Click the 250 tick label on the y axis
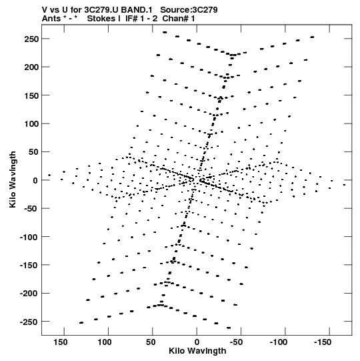click(x=31, y=39)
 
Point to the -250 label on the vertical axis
click(x=29, y=322)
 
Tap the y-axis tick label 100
click(x=31, y=124)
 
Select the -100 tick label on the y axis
click(x=29, y=237)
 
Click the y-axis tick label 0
click(x=35, y=180)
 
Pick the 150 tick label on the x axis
click(x=61, y=342)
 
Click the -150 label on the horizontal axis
click(x=323, y=342)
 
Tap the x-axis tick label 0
click(x=197, y=342)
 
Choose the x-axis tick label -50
click(x=237, y=342)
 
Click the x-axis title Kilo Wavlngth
click(x=197, y=351)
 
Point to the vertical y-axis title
click(x=13, y=179)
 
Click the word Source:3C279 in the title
click(x=189, y=10)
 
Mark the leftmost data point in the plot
click(x=49, y=175)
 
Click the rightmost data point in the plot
click(x=344, y=185)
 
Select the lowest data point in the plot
click(x=229, y=328)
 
